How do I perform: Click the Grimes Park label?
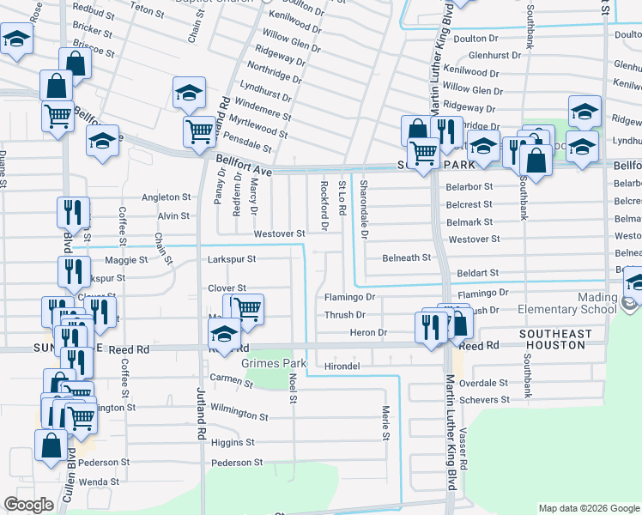(x=275, y=363)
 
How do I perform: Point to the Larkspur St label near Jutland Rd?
(x=232, y=258)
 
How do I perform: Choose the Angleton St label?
(x=166, y=197)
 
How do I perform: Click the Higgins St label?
(x=233, y=443)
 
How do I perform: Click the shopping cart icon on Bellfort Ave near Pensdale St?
(x=199, y=132)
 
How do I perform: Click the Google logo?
(x=28, y=505)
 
